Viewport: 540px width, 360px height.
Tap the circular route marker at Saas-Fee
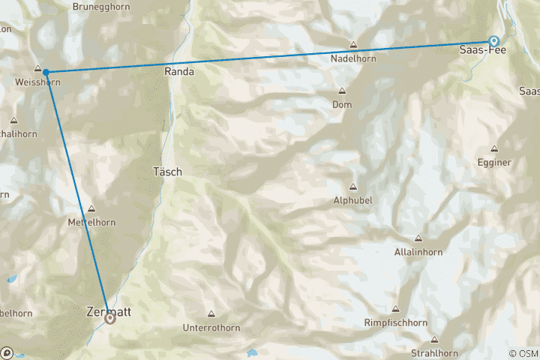[493, 41]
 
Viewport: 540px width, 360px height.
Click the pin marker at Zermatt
[110, 319]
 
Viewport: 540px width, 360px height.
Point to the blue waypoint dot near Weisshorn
[46, 72]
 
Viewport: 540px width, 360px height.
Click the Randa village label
[182, 72]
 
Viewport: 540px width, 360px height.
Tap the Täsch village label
[167, 171]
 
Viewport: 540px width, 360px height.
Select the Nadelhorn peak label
[352, 56]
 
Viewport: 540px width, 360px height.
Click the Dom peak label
[342, 104]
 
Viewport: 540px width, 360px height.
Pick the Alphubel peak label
[353, 200]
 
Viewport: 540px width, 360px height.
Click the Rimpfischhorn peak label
[395, 322]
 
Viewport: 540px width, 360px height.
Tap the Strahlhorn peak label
[434, 352]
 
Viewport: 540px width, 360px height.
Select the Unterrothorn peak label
[211, 328]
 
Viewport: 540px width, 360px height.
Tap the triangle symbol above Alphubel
[352, 187]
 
